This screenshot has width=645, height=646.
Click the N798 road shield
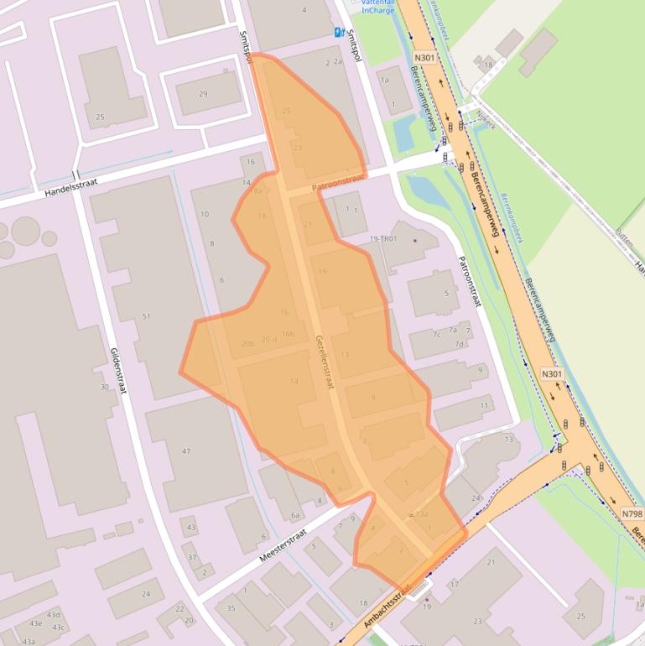click(632, 513)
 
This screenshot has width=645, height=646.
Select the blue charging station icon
click(340, 32)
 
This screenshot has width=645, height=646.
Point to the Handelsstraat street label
click(70, 184)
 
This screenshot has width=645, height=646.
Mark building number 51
click(146, 316)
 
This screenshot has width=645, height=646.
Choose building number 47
click(186, 451)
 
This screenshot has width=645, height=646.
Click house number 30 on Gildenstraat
click(105, 387)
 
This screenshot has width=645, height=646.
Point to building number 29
click(203, 94)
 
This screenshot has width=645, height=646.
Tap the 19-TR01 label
click(383, 239)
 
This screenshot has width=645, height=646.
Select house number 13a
click(422, 514)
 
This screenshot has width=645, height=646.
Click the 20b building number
click(247, 344)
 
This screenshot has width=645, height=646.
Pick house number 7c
click(436, 335)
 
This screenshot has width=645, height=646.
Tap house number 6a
click(295, 515)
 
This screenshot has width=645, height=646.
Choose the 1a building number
click(385, 81)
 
